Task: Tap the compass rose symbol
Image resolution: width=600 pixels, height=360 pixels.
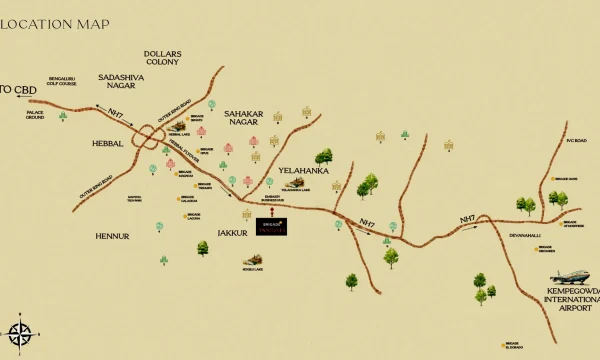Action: click(x=20, y=333)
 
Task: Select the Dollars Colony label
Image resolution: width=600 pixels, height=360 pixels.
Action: click(x=161, y=57)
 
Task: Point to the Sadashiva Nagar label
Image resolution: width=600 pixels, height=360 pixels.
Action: click(x=116, y=81)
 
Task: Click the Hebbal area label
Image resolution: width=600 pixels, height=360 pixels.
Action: click(x=107, y=143)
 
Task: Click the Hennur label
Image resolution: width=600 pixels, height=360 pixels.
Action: click(x=112, y=236)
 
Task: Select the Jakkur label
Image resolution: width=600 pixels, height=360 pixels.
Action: click(x=232, y=232)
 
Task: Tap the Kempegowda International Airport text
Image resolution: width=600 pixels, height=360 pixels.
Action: click(x=571, y=300)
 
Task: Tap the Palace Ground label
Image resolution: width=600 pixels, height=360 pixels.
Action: click(x=35, y=115)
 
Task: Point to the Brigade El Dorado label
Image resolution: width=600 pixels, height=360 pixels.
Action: click(x=513, y=347)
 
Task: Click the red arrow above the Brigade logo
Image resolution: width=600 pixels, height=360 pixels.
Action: click(x=273, y=210)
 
